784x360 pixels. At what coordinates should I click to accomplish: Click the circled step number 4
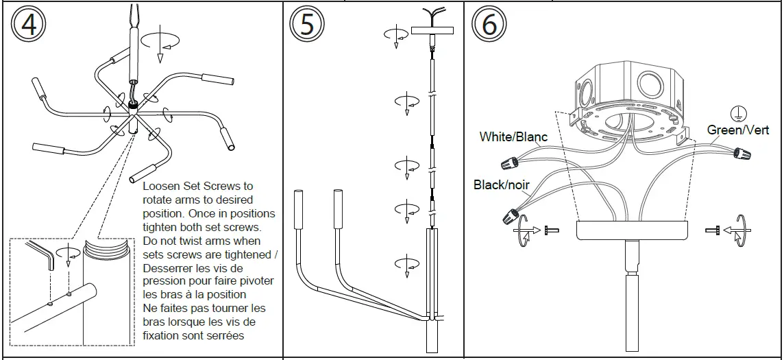pyautogui.click(x=28, y=25)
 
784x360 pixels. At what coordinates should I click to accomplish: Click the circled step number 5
pyautogui.click(x=306, y=25)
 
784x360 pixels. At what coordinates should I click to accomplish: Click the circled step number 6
pyautogui.click(x=489, y=25)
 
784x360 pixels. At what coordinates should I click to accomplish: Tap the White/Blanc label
pyautogui.click(x=513, y=137)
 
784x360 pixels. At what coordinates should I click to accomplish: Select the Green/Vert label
pyautogui.click(x=738, y=130)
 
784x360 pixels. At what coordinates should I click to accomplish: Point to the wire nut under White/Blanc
pyautogui.click(x=508, y=163)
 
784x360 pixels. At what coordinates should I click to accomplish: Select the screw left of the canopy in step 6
pyautogui.click(x=550, y=230)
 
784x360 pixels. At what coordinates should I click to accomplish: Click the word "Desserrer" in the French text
pyautogui.click(x=169, y=267)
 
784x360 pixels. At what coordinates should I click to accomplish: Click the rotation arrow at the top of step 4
pyautogui.click(x=162, y=41)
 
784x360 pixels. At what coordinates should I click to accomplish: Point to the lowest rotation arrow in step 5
pyautogui.click(x=407, y=263)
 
